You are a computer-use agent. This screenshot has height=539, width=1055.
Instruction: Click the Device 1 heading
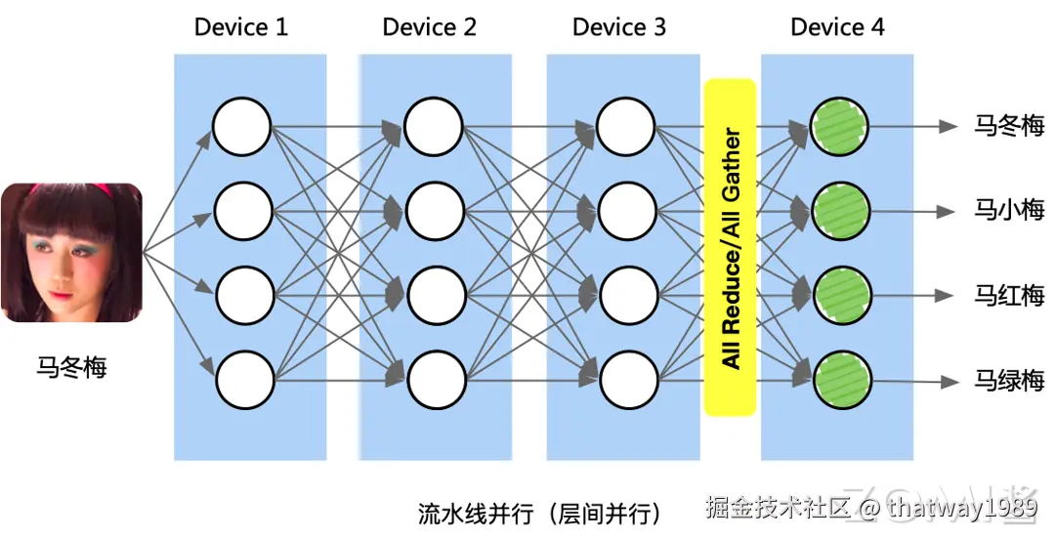tap(241, 27)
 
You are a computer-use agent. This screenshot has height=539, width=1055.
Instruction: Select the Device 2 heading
tap(430, 27)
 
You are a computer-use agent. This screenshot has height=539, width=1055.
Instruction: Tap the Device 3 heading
tap(619, 27)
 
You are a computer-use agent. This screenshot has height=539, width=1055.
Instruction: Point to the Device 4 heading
tap(837, 27)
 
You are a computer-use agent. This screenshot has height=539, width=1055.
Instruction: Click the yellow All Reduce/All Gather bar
tap(730, 248)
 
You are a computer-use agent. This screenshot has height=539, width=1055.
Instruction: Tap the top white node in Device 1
tap(241, 127)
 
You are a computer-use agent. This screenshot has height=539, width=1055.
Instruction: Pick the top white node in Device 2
tap(432, 127)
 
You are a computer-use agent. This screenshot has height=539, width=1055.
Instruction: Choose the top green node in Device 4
tap(838, 126)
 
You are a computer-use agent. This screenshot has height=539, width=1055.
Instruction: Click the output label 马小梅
tap(1009, 210)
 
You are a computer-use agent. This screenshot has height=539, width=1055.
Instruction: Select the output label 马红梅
tap(1009, 295)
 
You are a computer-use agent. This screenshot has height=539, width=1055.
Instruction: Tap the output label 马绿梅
tap(1009, 380)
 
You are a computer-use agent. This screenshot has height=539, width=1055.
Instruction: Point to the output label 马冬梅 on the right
tap(1009, 126)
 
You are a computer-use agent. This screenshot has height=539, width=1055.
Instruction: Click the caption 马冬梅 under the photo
tap(71, 367)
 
